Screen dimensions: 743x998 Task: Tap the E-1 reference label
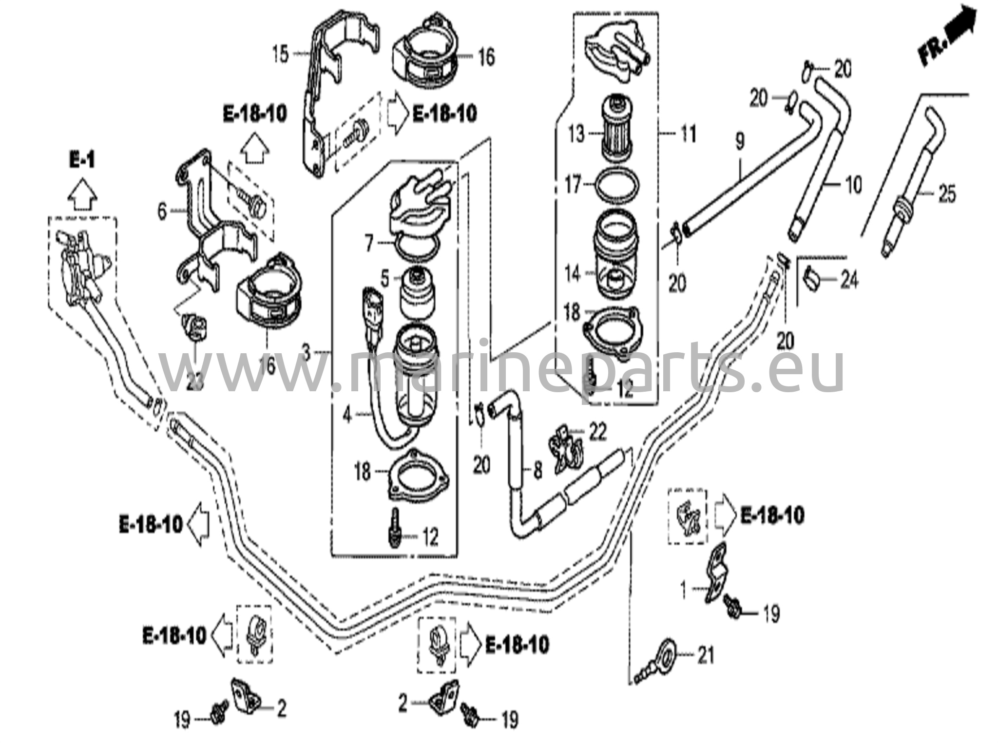[81, 159]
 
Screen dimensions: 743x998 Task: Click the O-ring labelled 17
[618, 185]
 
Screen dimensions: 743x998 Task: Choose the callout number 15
[280, 54]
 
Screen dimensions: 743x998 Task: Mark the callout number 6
[162, 211]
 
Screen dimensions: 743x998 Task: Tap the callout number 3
[306, 351]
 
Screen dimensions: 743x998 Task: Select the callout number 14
[573, 273]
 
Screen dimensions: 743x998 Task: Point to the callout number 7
[369, 243]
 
